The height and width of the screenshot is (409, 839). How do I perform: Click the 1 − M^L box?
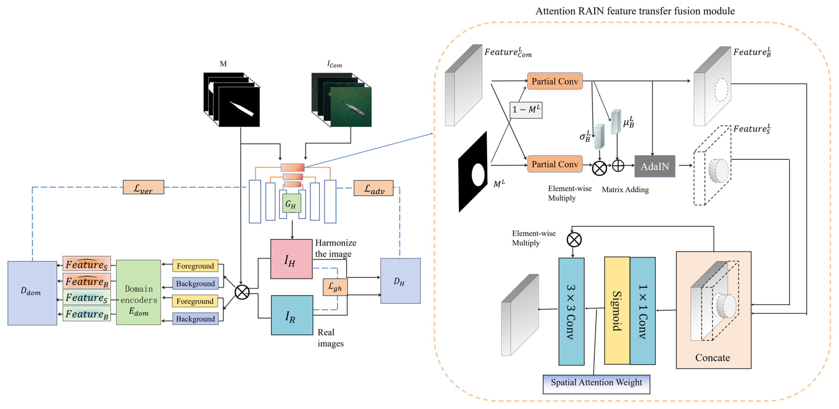click(526, 110)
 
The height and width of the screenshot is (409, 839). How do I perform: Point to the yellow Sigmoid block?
click(617, 310)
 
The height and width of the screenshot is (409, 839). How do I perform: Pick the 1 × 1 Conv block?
click(642, 311)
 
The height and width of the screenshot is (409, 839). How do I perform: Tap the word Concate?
click(712, 358)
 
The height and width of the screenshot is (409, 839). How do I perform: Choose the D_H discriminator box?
click(400, 281)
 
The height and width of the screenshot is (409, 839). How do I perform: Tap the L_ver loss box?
click(143, 187)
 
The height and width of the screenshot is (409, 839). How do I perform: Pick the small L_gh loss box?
click(335, 287)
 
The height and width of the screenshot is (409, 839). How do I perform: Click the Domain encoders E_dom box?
click(138, 292)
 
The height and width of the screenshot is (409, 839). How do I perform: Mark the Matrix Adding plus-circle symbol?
click(618, 166)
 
